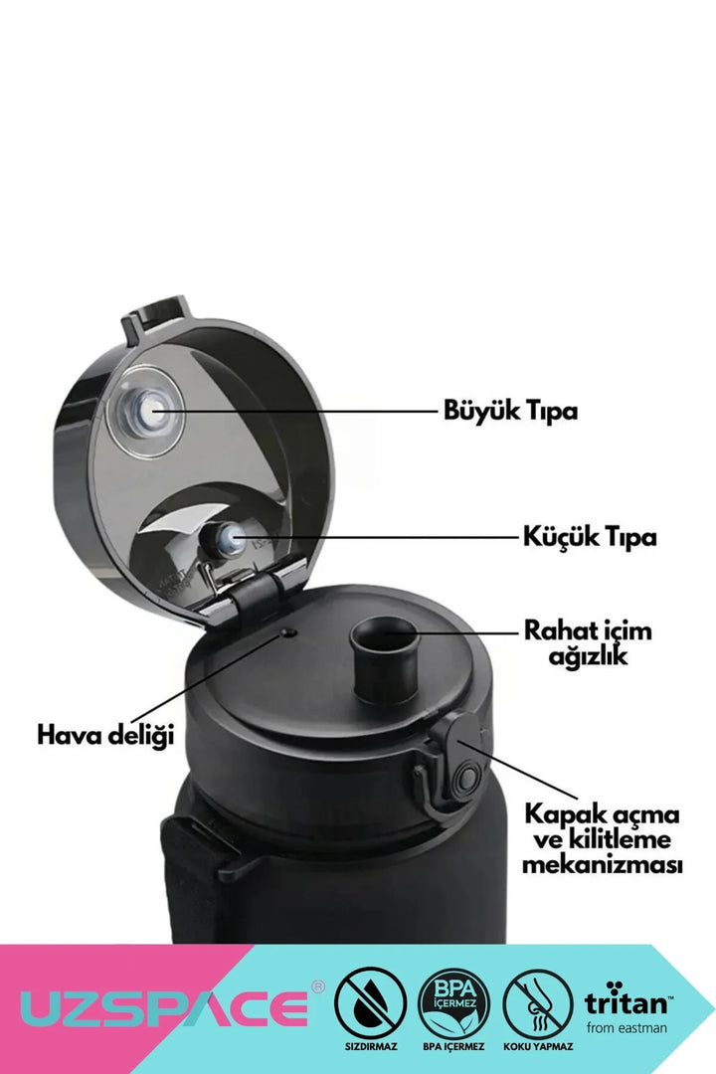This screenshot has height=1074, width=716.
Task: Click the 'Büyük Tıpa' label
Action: [510, 411]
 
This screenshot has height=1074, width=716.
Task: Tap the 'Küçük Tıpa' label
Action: [590, 536]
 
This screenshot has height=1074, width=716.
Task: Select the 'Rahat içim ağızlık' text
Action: [588, 642]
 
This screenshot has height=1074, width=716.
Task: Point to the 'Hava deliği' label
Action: [105, 735]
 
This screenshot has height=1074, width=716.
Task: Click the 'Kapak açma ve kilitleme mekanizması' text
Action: [602, 839]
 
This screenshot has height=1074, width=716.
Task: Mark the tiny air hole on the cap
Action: [288, 632]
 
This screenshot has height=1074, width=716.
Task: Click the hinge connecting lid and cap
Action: [255, 592]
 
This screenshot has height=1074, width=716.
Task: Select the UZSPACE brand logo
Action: [164, 1007]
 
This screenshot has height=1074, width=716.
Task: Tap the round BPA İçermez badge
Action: [453, 1002]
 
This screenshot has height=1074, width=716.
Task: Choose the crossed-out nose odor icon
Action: [537, 1002]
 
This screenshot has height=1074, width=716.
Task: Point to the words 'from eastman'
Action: [626, 1027]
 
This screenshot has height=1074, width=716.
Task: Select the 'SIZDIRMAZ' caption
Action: [371, 1046]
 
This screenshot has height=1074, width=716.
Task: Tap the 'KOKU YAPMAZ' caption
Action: [538, 1046]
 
